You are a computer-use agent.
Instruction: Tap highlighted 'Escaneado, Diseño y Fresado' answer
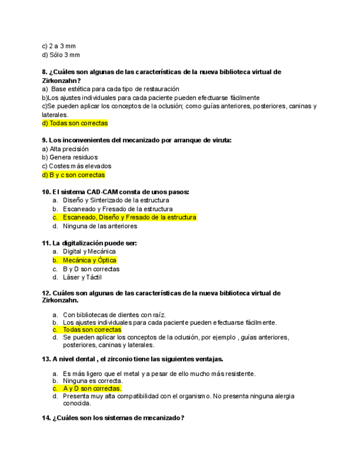coord(129,218)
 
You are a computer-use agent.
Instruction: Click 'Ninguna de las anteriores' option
coord(100,226)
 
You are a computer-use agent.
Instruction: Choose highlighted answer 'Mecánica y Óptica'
coord(90,260)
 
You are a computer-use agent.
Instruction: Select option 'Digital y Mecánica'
coord(89,252)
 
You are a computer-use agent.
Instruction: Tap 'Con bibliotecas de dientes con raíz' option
coord(114,314)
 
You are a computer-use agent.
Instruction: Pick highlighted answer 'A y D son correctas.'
coord(92,389)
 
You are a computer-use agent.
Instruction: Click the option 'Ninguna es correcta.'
coord(92,380)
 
